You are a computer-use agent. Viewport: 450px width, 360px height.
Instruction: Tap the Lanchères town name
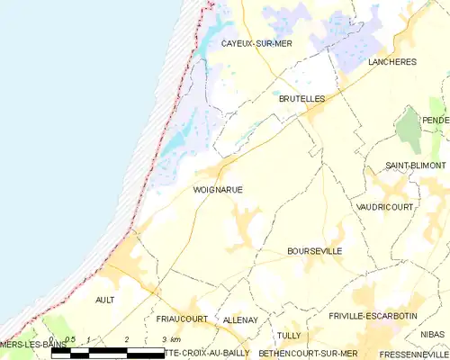tap(392, 61)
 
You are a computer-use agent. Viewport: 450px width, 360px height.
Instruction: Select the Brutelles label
tap(301, 97)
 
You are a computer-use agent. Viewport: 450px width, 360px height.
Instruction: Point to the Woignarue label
tap(218, 190)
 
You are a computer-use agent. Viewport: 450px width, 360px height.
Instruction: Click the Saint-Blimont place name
tap(415, 166)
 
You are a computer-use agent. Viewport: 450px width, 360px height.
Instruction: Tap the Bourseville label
tap(314, 251)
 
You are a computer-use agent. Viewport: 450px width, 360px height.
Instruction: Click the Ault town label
tap(104, 300)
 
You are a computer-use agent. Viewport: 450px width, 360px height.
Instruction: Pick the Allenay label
tap(240, 319)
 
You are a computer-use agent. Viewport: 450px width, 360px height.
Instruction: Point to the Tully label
tap(289, 335)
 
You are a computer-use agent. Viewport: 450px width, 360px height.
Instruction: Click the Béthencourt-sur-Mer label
tap(309, 354)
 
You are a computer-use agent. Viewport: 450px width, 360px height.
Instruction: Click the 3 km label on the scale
tap(168, 339)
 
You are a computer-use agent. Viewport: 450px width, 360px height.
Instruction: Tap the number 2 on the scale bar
tap(127, 339)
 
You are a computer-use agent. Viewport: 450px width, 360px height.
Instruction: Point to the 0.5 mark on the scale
tap(70, 339)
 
